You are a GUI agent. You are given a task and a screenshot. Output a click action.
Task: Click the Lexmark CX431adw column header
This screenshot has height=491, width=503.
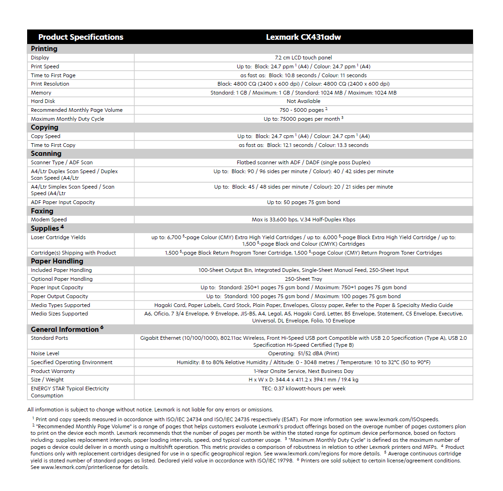pyautogui.click(x=303, y=37)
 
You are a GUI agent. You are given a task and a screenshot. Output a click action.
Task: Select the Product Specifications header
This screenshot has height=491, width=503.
pyautogui.click(x=80, y=37)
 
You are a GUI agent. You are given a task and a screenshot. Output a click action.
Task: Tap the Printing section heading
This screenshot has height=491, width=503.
pyautogui.click(x=44, y=49)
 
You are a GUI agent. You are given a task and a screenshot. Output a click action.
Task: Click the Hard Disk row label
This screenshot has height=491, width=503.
pyautogui.click(x=43, y=101)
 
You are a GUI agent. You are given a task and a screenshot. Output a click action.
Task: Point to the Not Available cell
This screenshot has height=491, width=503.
pyautogui.click(x=303, y=101)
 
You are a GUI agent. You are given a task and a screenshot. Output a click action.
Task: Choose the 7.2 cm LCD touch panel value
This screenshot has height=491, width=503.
pyautogui.click(x=303, y=58)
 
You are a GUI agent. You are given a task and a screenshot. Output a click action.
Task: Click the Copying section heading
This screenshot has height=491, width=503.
pyautogui.click(x=44, y=127)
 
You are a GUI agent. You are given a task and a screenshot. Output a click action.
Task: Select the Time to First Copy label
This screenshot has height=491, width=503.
pyautogui.click(x=53, y=145)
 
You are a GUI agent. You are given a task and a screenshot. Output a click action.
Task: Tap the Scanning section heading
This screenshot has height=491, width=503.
pyautogui.click(x=46, y=154)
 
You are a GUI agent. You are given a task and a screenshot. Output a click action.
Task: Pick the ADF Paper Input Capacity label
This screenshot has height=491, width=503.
pyautogui.click(x=63, y=202)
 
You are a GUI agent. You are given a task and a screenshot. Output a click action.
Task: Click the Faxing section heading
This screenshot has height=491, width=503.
pyautogui.click(x=42, y=211)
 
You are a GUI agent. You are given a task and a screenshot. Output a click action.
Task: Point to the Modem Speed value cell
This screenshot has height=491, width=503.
pyautogui.click(x=303, y=220)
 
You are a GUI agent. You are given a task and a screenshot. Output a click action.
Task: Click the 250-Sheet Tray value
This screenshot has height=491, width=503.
pyautogui.click(x=303, y=279)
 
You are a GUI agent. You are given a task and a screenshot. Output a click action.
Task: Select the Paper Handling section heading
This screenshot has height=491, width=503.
pyautogui.click(x=57, y=261)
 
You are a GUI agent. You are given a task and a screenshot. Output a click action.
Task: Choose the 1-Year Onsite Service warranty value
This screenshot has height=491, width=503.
pyautogui.click(x=303, y=371)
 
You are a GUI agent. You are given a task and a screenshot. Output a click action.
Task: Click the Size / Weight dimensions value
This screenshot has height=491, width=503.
pyautogui.click(x=303, y=380)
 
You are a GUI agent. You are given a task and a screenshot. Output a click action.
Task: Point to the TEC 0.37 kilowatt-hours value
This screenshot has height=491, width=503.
pyautogui.click(x=303, y=388)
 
